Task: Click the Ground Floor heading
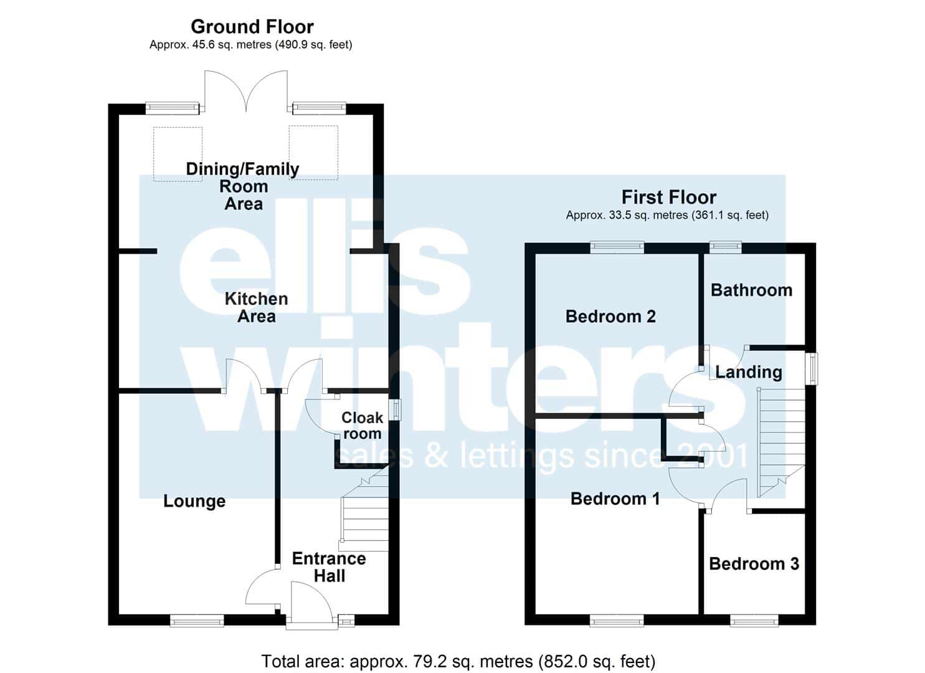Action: pyautogui.click(x=252, y=27)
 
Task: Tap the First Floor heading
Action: pyautogui.click(x=669, y=197)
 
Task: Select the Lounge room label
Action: pyautogui.click(x=194, y=501)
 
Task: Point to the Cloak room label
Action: pyautogui.click(x=362, y=426)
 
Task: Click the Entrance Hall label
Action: pyautogui.click(x=329, y=567)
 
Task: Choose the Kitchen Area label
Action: pyautogui.click(x=257, y=307)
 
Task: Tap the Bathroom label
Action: pyautogui.click(x=752, y=290)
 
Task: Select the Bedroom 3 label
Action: pyautogui.click(x=754, y=563)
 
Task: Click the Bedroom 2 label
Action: pyautogui.click(x=610, y=317)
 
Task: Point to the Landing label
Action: pyautogui.click(x=749, y=372)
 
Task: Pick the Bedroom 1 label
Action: pyautogui.click(x=615, y=499)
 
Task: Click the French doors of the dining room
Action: pyautogui.click(x=246, y=91)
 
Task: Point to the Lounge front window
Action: pyautogui.click(x=197, y=621)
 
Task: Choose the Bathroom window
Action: pyautogui.click(x=726, y=247)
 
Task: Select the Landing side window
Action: pyautogui.click(x=813, y=368)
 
